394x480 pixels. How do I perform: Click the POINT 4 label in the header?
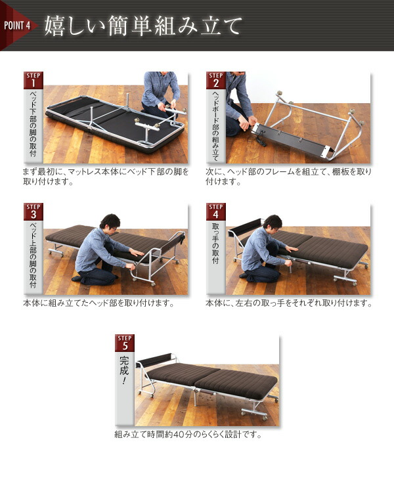click(x=17, y=26)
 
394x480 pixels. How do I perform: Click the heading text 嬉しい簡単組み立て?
click(x=143, y=26)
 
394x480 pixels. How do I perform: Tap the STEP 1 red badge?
click(x=33, y=80)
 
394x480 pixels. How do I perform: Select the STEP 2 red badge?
click(x=216, y=80)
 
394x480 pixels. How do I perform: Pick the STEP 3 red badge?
click(x=33, y=211)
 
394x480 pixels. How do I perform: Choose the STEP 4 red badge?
click(x=216, y=211)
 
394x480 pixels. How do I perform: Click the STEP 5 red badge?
click(x=125, y=343)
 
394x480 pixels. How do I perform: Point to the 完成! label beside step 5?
click(x=124, y=370)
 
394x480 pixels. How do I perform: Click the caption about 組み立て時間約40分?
click(x=188, y=435)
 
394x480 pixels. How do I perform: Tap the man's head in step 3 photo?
click(x=110, y=222)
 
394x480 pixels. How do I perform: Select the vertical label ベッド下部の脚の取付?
click(x=33, y=123)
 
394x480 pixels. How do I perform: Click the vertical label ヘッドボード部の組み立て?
click(x=215, y=126)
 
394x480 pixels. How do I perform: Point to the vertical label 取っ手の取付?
click(x=215, y=244)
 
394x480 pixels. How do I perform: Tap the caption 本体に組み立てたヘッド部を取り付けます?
click(x=98, y=303)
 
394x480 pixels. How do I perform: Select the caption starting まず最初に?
click(x=106, y=177)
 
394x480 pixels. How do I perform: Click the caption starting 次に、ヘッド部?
click(x=288, y=177)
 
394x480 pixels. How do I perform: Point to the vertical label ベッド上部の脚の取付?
click(x=33, y=255)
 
